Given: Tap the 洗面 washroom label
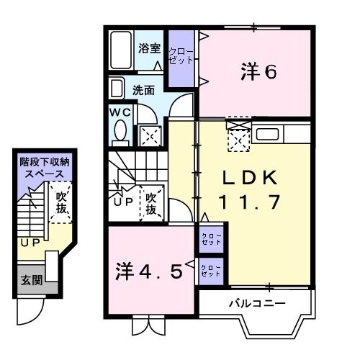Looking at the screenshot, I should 143,91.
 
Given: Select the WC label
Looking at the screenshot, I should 120,112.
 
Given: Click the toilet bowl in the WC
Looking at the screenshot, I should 120,132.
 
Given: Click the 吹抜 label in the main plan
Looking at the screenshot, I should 150,204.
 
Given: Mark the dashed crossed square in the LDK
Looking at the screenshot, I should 238,140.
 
